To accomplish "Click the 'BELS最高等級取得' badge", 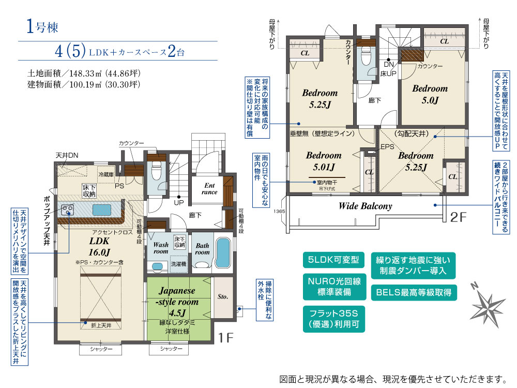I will (414, 293).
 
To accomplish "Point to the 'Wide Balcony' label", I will (365, 206).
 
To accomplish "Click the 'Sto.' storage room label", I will (223, 297).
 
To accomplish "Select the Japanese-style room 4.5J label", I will (177, 302).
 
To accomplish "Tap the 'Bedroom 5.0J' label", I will (430, 94).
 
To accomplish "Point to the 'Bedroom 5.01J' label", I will (324, 161).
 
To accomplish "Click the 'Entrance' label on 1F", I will (210, 189).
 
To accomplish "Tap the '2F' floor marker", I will (458, 217).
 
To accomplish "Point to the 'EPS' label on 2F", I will (387, 146).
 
